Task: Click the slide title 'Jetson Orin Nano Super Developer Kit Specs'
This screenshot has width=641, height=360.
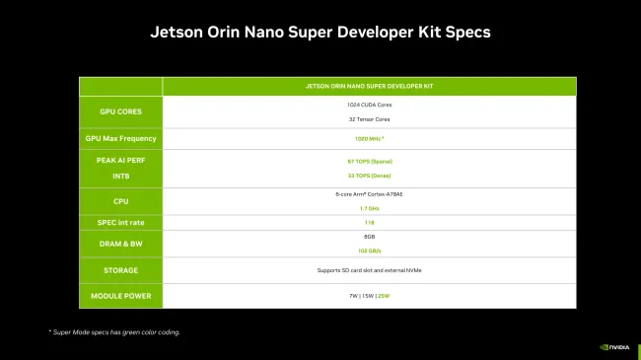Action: [320, 32]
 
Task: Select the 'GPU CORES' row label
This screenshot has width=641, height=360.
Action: [121, 111]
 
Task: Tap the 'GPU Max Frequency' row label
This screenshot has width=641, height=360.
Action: [121, 139]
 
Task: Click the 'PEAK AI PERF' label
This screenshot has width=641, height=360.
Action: [121, 159]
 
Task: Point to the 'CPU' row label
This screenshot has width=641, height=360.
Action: [121, 201]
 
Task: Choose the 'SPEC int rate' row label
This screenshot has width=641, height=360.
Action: [121, 223]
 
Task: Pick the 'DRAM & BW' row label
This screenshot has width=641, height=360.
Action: [121, 244]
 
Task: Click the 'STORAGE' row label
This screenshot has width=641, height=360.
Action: [121, 269]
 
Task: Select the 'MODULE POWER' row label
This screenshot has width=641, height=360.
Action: [121, 296]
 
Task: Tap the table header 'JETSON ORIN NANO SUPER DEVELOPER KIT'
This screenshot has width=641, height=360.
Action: [369, 86]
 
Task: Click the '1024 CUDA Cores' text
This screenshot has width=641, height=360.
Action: [369, 104]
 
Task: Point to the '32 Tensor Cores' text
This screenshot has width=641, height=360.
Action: [369, 119]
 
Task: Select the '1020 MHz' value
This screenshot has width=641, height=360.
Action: [369, 139]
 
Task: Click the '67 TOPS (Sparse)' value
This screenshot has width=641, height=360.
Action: [369, 159]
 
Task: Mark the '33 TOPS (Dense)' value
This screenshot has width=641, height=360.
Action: [369, 175]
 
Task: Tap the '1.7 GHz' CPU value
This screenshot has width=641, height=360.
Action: [369, 208]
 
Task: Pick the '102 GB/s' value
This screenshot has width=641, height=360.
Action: [369, 251]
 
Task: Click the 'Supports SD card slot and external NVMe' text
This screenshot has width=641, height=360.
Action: [369, 269]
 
